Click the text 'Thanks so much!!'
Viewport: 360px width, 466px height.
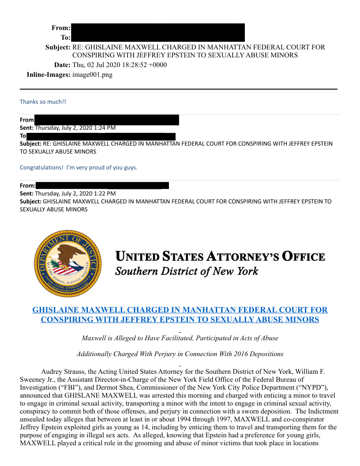[43, 101]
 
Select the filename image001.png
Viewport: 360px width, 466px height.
[92, 75]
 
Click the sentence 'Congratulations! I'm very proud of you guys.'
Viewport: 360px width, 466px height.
[79, 167]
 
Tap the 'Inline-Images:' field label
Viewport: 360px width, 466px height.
[49, 75]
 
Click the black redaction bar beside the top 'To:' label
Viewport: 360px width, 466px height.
[157, 38]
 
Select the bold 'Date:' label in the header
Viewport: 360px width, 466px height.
[62, 65]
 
